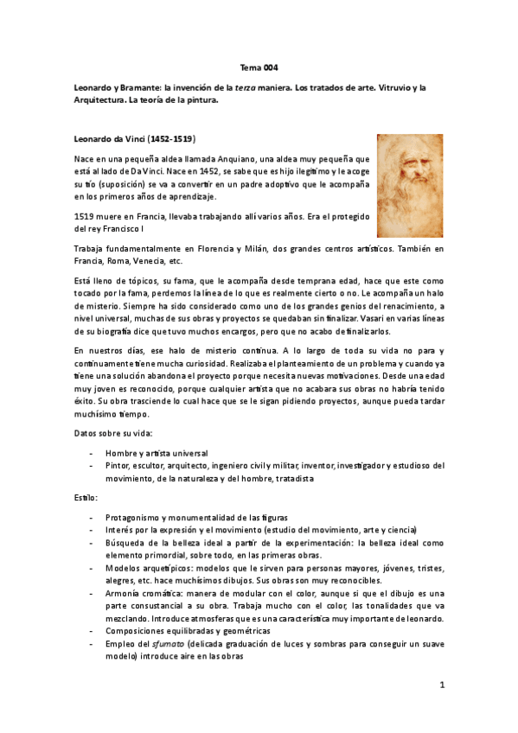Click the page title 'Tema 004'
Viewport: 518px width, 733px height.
259,67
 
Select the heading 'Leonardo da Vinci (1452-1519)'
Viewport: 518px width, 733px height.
133,137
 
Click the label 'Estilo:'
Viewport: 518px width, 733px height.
86,499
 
